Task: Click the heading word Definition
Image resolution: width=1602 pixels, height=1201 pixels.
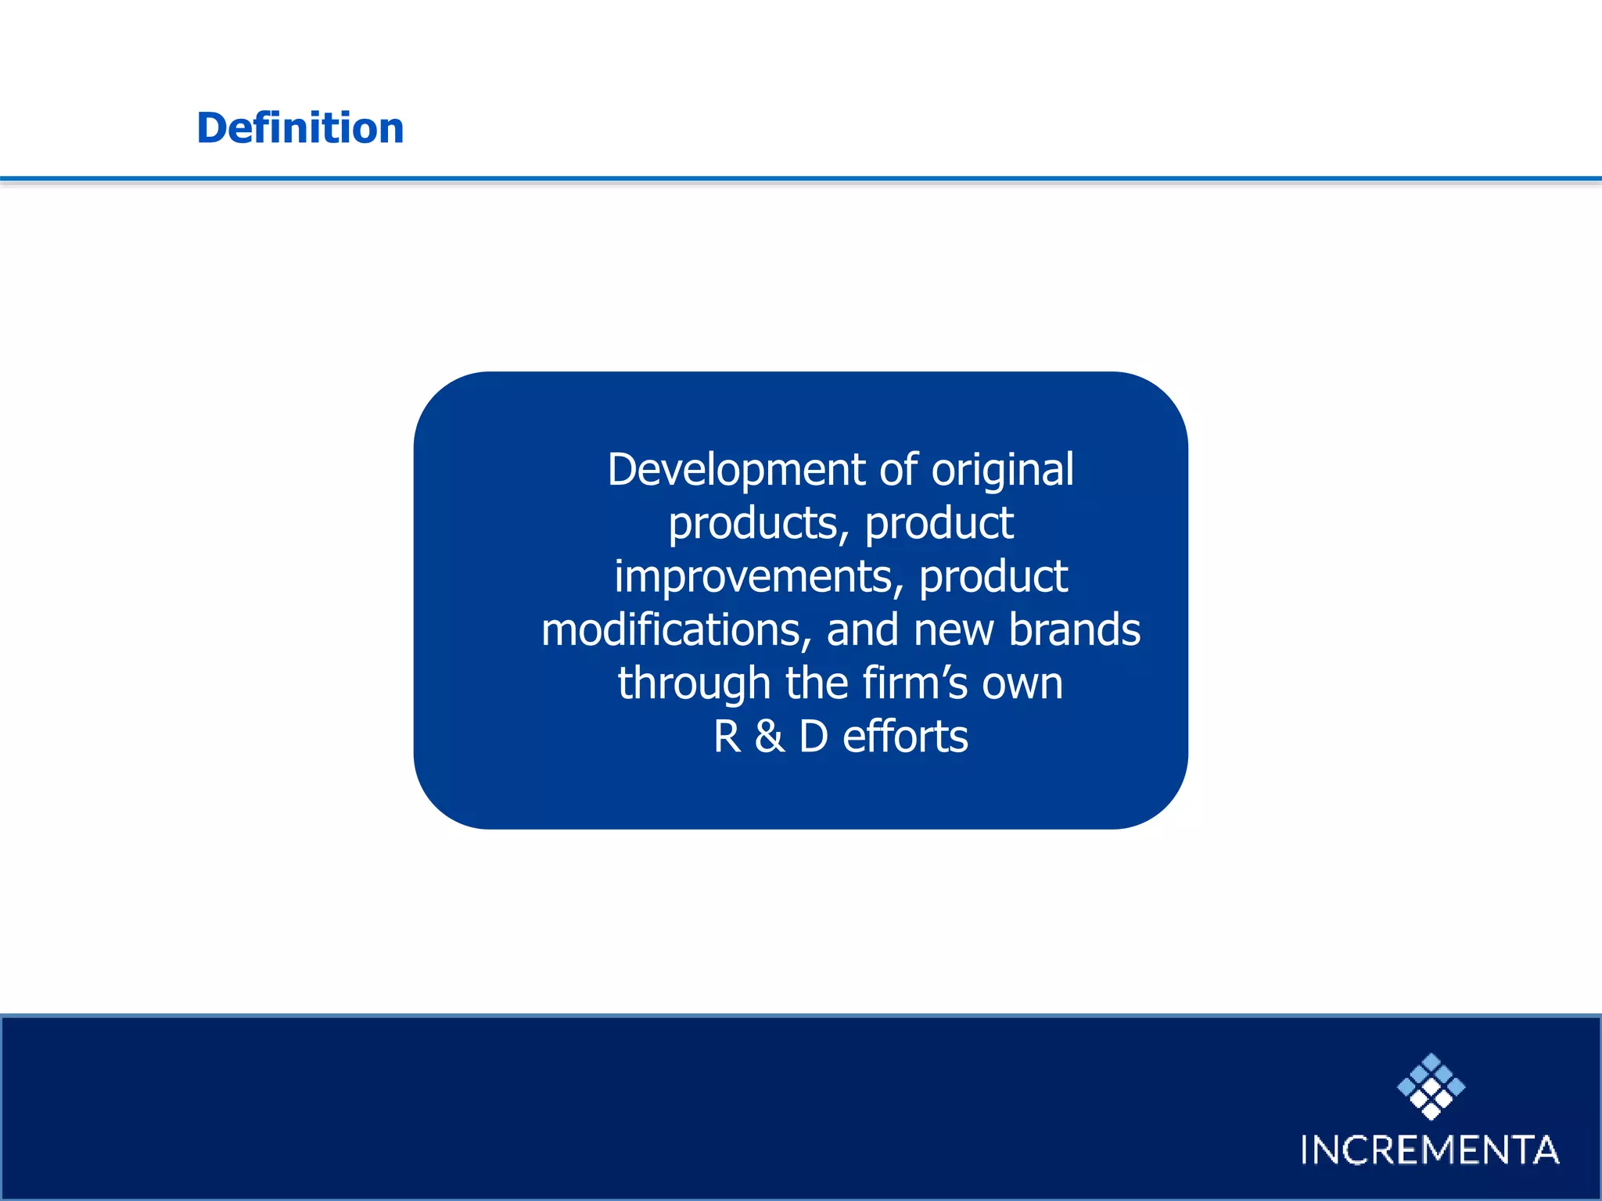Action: pos(300,127)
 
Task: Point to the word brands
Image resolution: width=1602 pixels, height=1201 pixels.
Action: pos(1074,629)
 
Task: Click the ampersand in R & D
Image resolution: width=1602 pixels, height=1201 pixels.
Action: pos(770,737)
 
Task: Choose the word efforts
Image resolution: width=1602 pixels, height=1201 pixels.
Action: pos(905,737)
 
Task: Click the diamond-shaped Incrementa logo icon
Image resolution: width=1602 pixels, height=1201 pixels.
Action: pos(1431,1086)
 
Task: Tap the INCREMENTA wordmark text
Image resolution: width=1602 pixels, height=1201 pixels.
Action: pos(1429,1150)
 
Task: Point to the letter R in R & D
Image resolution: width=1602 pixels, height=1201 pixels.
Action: pos(727,737)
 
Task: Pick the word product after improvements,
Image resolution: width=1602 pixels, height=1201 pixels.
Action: pos(993,578)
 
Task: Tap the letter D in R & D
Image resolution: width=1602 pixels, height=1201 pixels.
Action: pos(814,737)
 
